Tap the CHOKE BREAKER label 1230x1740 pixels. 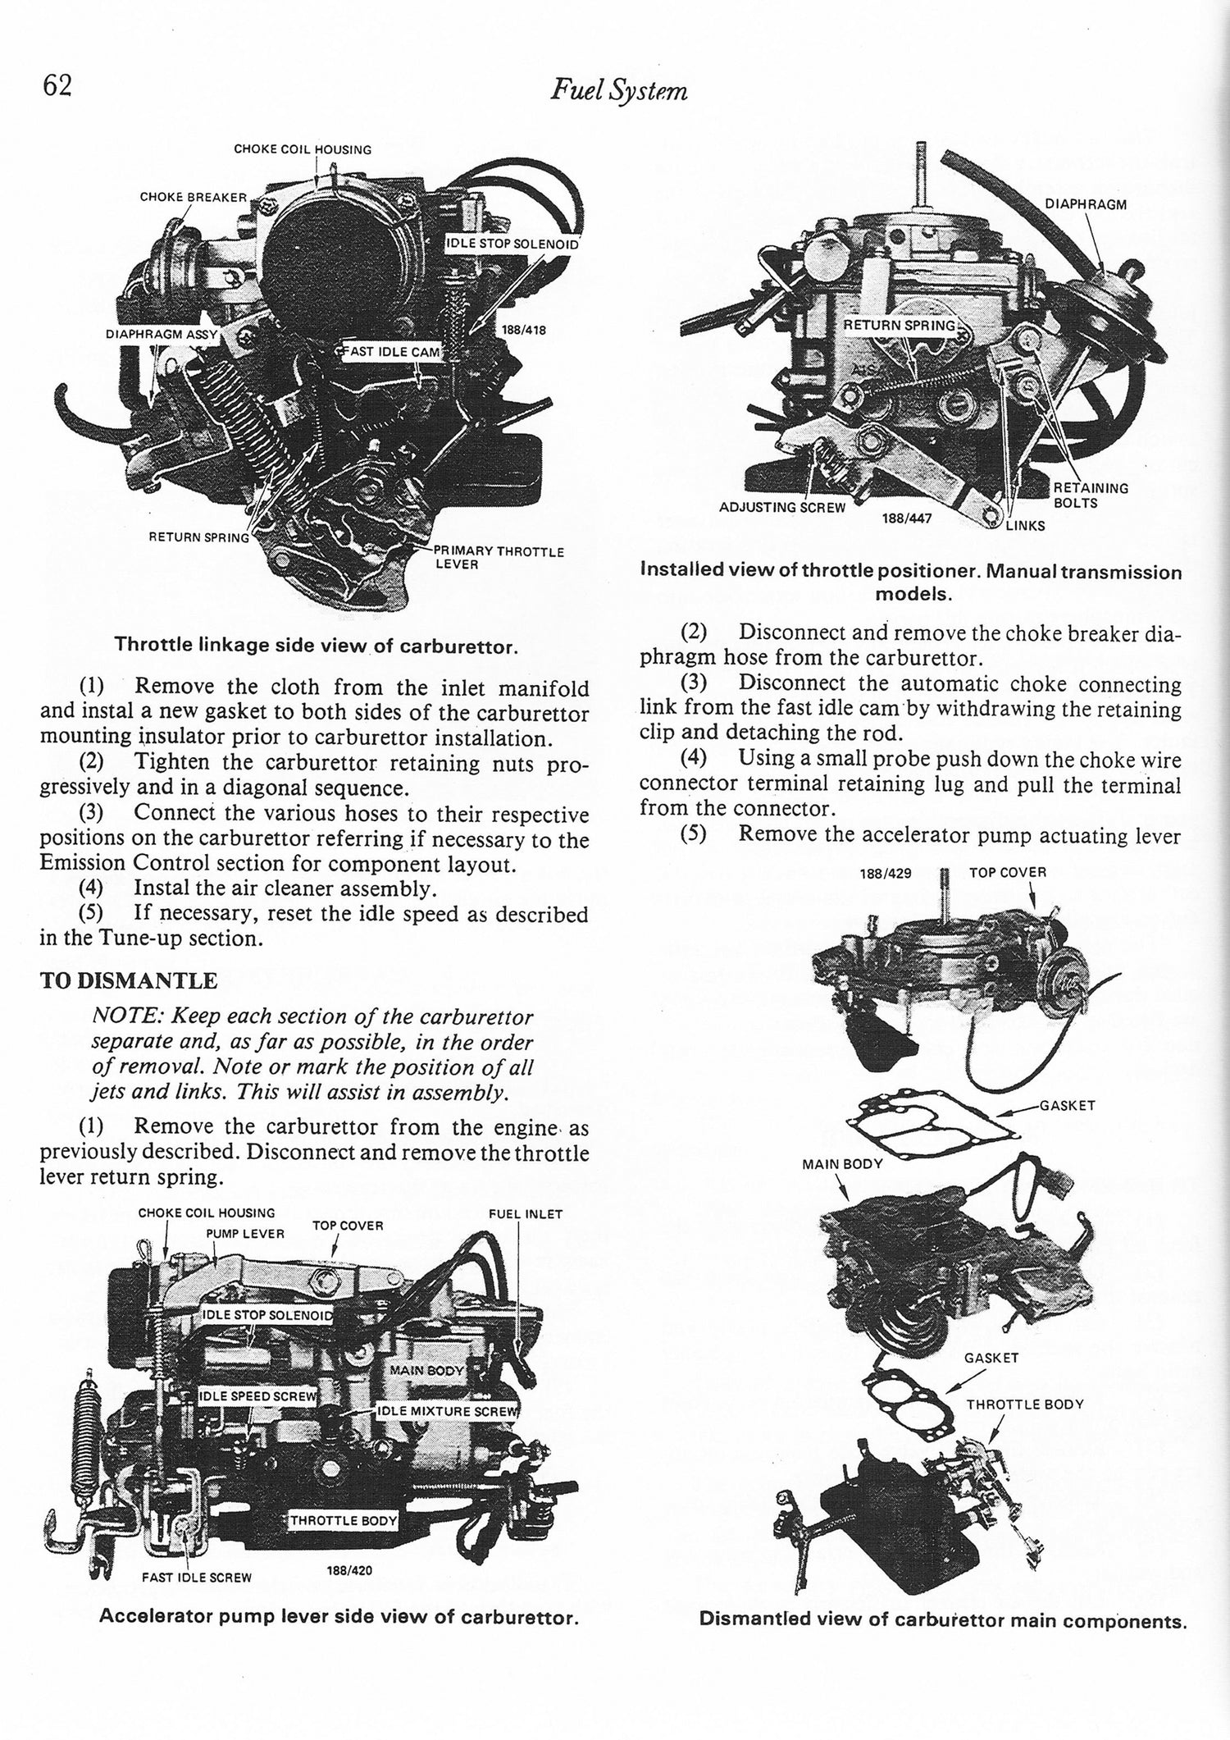point(193,198)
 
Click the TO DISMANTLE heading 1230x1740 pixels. point(129,981)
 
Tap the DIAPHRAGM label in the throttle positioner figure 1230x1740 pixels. point(1086,204)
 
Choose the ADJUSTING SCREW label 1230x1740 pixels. point(781,507)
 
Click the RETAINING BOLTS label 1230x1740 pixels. point(1090,495)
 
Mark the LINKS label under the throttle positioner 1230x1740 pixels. point(1025,526)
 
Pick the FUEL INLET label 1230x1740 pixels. point(525,1214)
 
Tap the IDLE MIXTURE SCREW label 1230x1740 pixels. point(448,1411)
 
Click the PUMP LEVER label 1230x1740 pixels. point(245,1233)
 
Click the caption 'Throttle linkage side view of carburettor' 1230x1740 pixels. point(316,646)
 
